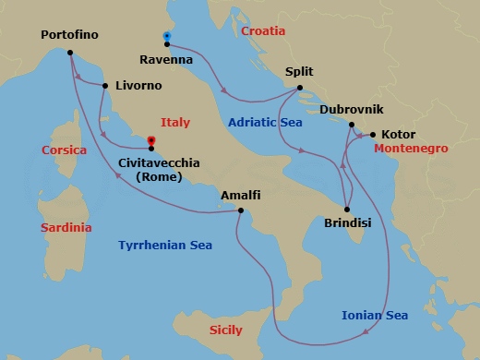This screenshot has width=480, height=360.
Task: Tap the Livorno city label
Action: (138, 86)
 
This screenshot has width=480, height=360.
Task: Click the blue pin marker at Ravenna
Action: (166, 37)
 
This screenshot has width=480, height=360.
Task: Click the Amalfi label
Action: (240, 196)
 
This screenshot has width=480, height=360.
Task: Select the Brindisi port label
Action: (349, 222)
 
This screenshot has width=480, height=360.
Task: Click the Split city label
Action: (301, 71)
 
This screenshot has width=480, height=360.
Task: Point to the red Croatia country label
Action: (264, 31)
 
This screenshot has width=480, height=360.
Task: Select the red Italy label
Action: (175, 121)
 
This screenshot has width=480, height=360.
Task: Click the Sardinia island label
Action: (64, 227)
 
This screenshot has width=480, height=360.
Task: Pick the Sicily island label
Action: (225, 330)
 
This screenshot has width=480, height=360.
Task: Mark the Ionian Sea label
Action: (375, 316)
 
